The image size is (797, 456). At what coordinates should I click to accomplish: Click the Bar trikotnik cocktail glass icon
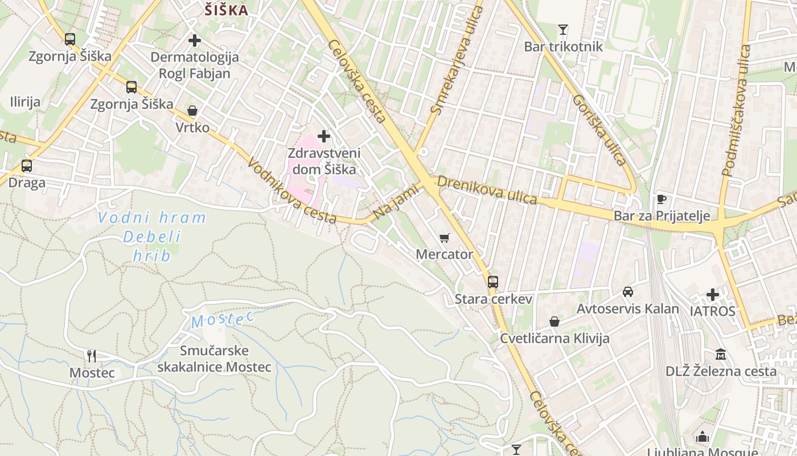click(563, 29)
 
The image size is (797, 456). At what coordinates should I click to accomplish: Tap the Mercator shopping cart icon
click(444, 238)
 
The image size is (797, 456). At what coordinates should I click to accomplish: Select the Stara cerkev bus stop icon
click(493, 282)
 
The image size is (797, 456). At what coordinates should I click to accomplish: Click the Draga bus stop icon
click(27, 166)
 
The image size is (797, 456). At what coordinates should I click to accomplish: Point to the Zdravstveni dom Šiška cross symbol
click(324, 136)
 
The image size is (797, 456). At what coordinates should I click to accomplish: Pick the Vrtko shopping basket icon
click(192, 111)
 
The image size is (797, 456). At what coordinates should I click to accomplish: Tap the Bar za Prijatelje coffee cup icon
click(662, 199)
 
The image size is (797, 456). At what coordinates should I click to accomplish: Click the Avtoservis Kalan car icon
click(627, 292)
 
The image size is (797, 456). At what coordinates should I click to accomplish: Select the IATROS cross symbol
click(713, 295)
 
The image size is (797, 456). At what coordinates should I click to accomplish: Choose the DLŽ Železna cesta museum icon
click(721, 354)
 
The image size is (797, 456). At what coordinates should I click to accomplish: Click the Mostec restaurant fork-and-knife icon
click(92, 356)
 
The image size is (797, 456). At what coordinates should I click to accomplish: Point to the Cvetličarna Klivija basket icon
click(554, 321)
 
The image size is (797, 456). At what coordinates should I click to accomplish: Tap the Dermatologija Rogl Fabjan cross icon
click(195, 40)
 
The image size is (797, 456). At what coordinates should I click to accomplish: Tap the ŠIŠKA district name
click(226, 10)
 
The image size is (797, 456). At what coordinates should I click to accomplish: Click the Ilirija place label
click(25, 103)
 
